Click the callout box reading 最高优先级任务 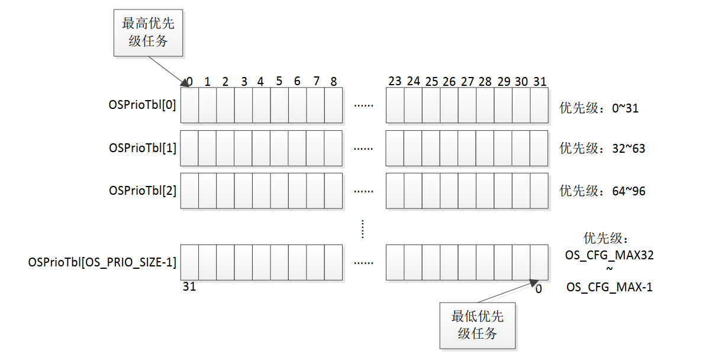point(149,33)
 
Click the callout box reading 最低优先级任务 point(478,324)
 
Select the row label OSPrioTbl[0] point(143,105)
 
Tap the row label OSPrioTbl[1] point(143,147)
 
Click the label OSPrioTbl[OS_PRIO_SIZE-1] point(102,262)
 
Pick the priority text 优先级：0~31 point(599,108)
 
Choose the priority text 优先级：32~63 point(602,149)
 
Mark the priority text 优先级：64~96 point(602,191)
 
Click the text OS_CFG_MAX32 point(610,256)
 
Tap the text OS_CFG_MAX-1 point(610,288)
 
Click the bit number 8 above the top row point(334,81)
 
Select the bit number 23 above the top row point(395,81)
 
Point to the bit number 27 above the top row point(467,81)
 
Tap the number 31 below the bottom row point(189,287)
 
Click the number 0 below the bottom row point(538,288)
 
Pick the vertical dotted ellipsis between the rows point(363,229)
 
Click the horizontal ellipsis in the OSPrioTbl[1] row point(363,149)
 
